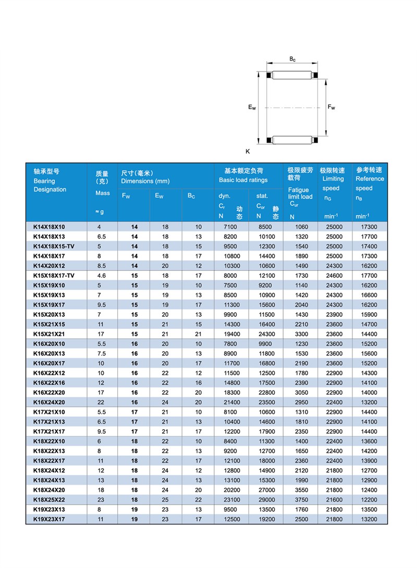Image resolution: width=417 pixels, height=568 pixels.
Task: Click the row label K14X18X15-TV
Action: [x=54, y=246]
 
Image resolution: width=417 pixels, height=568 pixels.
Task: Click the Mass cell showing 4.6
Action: [x=102, y=275]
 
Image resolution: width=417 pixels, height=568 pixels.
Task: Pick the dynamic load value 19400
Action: [x=230, y=333]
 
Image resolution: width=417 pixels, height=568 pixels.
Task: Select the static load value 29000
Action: [x=265, y=500]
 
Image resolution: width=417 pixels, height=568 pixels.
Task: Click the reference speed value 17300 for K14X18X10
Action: [x=368, y=227]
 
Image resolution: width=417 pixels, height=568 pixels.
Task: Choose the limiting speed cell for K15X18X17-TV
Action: [x=334, y=275]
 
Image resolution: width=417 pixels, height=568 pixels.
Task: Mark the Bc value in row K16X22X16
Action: [x=198, y=382]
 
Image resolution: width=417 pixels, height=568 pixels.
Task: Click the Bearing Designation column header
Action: [x=50, y=181]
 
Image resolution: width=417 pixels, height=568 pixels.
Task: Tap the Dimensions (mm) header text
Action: [x=145, y=181]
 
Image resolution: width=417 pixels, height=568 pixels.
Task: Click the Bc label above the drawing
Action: [x=292, y=60]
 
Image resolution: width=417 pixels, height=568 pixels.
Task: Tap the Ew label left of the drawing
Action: [x=252, y=108]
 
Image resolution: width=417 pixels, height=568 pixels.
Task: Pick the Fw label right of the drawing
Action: [x=332, y=108]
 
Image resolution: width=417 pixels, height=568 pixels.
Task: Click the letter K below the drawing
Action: [x=248, y=151]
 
